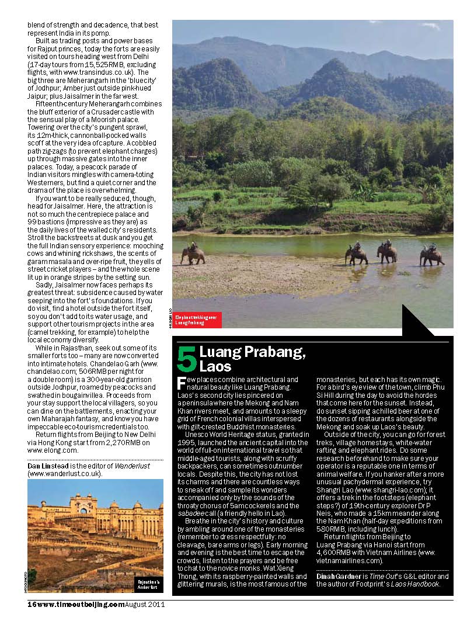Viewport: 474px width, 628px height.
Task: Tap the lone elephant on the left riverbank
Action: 193,255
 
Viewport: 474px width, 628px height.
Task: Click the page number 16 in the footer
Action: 32,605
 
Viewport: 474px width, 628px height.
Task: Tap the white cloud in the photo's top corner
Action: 431,26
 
